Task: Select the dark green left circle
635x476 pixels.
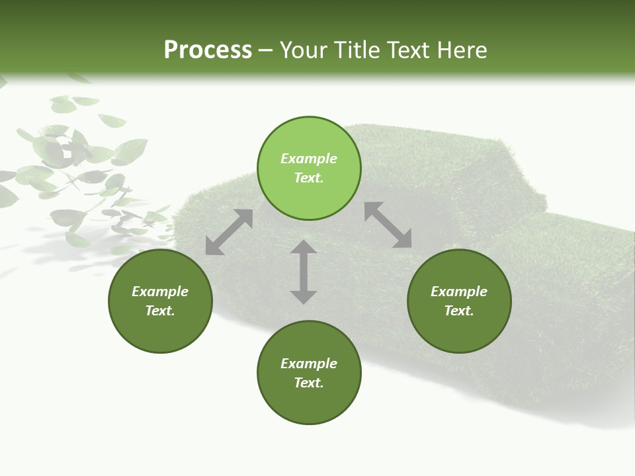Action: click(160, 301)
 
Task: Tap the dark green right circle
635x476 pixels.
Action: click(459, 301)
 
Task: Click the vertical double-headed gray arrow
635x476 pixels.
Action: click(304, 272)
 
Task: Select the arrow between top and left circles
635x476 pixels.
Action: click(229, 232)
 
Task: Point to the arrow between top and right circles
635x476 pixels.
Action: click(388, 225)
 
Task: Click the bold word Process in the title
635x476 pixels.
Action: click(208, 50)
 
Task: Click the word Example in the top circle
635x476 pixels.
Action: click(309, 159)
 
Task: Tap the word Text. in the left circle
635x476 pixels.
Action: click(160, 311)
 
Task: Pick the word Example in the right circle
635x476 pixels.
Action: click(459, 292)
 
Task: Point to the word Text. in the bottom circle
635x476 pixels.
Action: click(309, 383)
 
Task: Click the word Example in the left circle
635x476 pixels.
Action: click(160, 292)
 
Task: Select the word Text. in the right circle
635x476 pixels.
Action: click(459, 311)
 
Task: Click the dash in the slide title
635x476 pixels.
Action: click(266, 50)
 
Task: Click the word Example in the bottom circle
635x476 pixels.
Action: click(309, 364)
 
